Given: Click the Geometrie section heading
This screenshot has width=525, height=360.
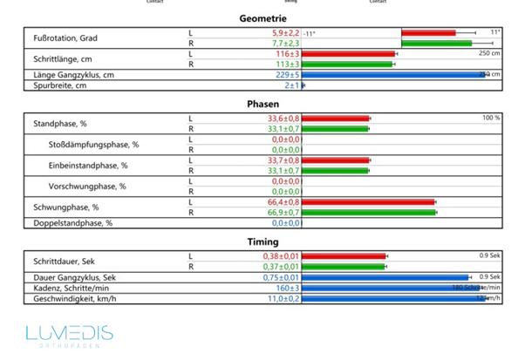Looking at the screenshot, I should point(262,18).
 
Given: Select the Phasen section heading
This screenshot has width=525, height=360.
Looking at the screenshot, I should point(262,104).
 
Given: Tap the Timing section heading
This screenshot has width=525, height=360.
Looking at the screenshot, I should point(262,241).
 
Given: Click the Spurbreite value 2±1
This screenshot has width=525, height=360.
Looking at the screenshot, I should point(291,85).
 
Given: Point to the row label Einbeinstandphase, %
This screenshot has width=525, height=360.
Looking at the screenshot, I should point(87,165).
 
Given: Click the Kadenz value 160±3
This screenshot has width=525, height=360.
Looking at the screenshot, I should point(287,287).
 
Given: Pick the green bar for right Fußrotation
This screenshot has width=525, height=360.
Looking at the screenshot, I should point(436,43).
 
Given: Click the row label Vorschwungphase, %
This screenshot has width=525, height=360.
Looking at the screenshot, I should point(86,186).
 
